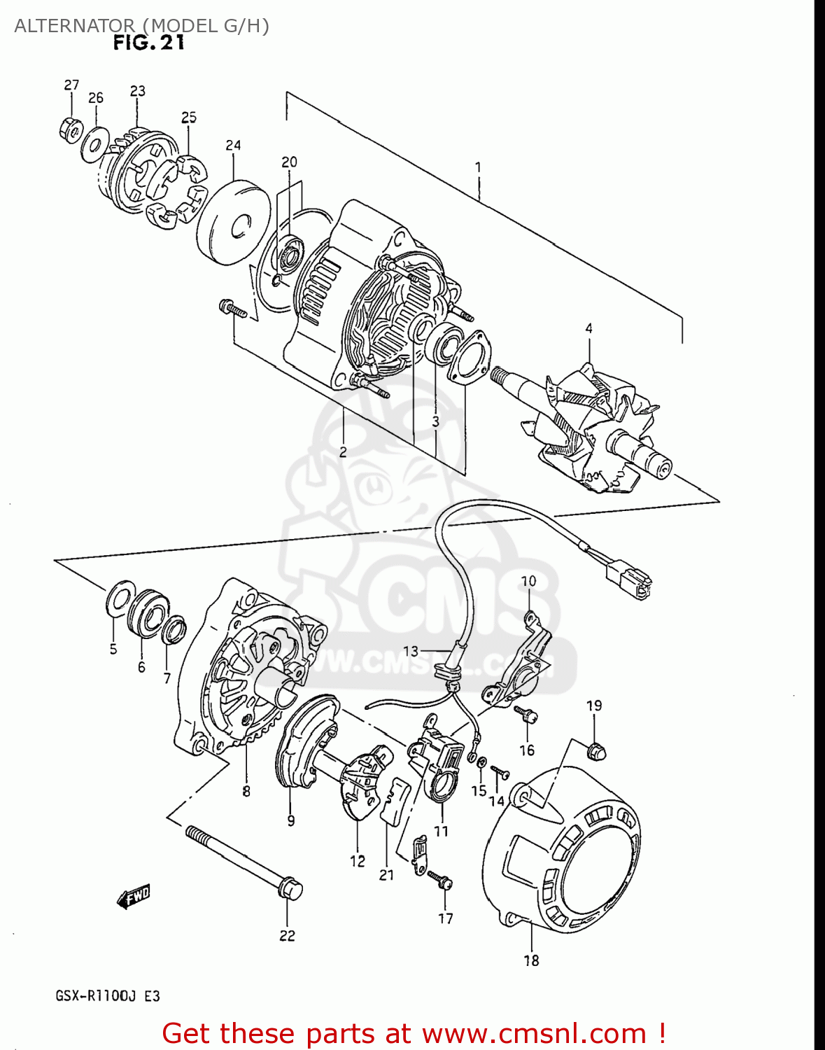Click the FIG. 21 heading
[149, 43]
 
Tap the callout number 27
[71, 85]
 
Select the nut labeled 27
[70, 129]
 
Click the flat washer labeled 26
[93, 145]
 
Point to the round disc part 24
[232, 223]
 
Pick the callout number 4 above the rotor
[588, 328]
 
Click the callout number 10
[528, 581]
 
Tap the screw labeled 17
[440, 879]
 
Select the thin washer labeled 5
[120, 597]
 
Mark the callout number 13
[410, 651]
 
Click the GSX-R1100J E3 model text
[108, 995]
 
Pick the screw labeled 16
[526, 715]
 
